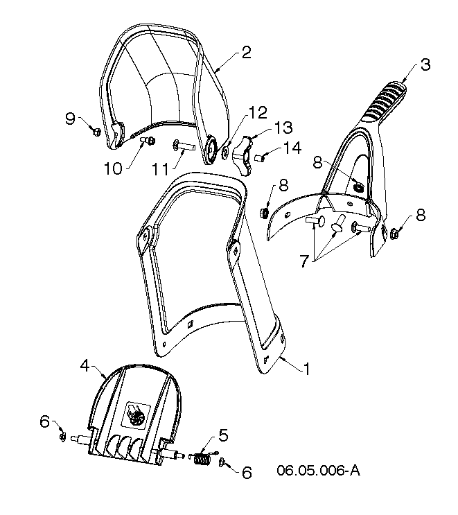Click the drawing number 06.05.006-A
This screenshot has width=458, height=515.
[x=318, y=471]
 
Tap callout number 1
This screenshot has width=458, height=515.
[x=307, y=369]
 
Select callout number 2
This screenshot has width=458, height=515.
[x=246, y=53]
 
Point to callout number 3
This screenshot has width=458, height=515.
[x=425, y=64]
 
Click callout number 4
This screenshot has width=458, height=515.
[x=85, y=365]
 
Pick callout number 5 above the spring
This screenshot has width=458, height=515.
[x=223, y=435]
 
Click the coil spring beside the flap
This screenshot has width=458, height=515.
[x=202, y=458]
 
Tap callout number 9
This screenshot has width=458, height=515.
[x=70, y=119]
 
